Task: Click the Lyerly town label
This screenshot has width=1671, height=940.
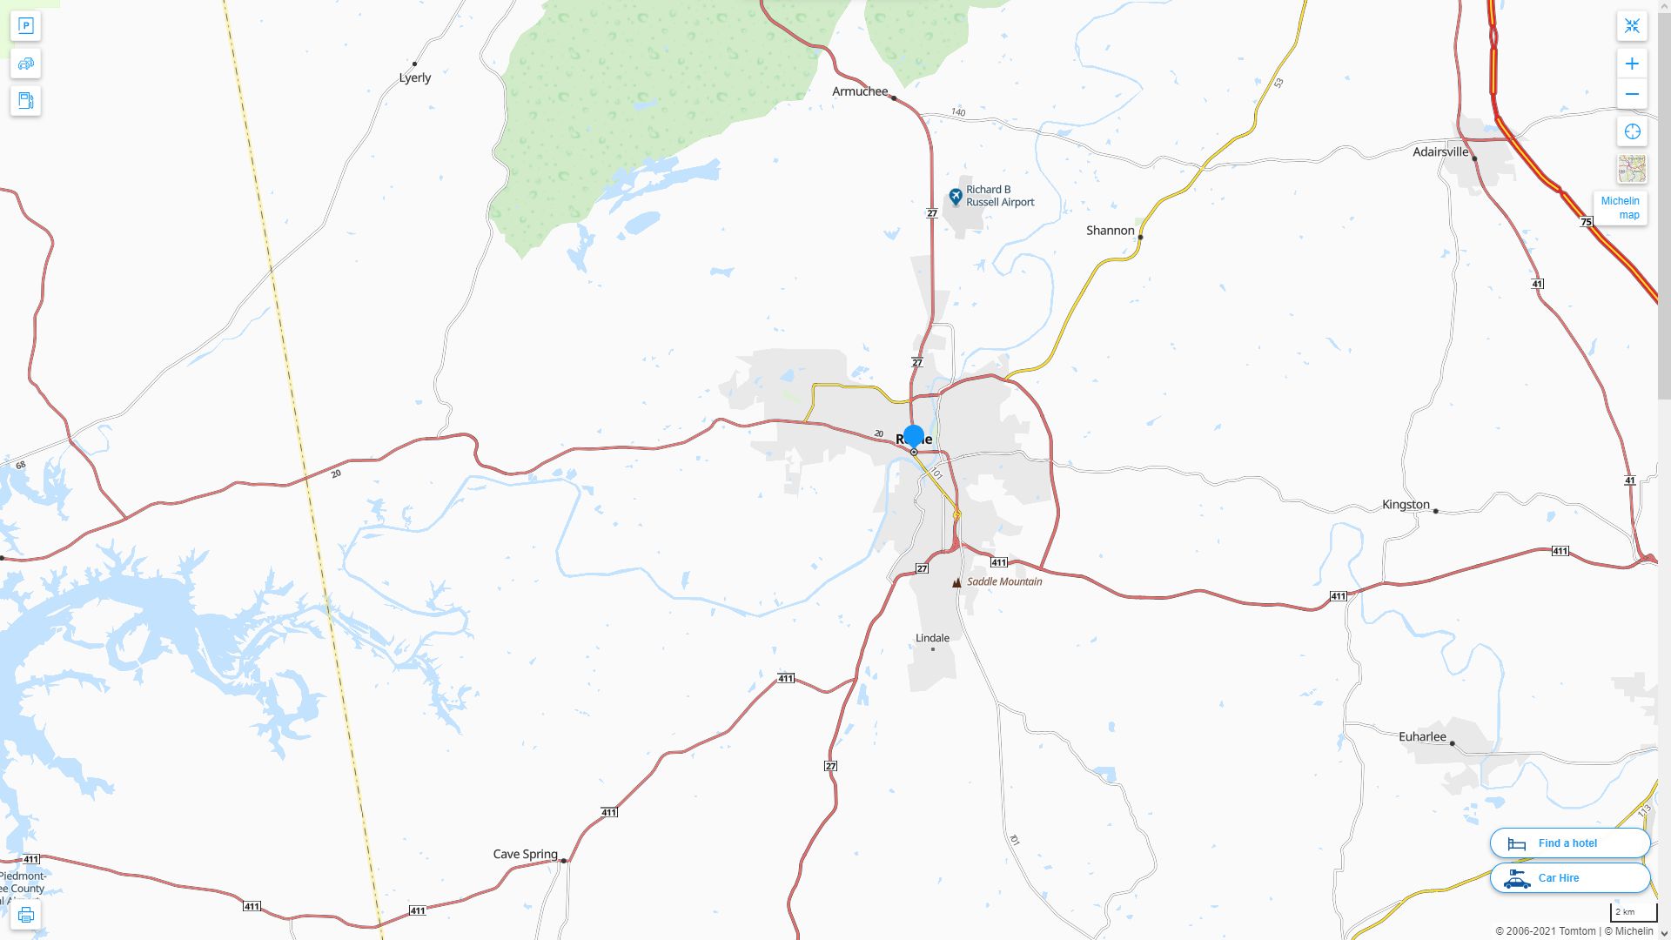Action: click(x=415, y=77)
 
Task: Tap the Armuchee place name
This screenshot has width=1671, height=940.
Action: click(x=860, y=91)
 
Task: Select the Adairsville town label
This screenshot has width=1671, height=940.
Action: click(x=1440, y=151)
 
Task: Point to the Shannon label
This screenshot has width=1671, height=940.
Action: click(x=1110, y=231)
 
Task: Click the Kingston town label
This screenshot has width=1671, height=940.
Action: click(x=1406, y=505)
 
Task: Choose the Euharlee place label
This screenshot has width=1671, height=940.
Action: click(x=1422, y=737)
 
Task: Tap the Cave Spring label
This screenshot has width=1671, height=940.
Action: click(x=525, y=854)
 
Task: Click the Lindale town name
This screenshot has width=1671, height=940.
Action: click(x=932, y=638)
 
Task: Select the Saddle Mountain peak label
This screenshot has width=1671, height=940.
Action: click(x=1003, y=581)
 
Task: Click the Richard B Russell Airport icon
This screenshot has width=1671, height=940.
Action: click(x=956, y=197)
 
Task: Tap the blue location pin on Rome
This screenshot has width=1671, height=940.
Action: click(x=914, y=436)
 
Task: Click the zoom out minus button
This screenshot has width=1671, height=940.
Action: click(x=1632, y=94)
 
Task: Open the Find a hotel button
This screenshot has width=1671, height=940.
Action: click(x=1569, y=843)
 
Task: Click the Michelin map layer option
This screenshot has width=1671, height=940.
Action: click(x=1620, y=207)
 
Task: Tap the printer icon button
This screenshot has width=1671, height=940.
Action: click(x=25, y=915)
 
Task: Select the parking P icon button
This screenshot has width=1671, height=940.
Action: click(x=25, y=26)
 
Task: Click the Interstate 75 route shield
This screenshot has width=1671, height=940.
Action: click(x=1586, y=222)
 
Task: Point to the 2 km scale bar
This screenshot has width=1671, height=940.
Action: click(x=1633, y=912)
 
